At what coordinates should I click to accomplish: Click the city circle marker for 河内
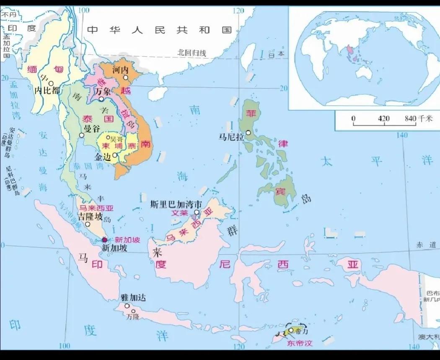(125, 77)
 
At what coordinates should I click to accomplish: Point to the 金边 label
(104, 157)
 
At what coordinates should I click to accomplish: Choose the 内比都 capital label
(47, 90)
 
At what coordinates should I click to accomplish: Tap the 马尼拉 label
(231, 136)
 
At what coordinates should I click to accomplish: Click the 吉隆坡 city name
(89, 216)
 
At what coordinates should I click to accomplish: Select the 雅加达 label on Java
(133, 298)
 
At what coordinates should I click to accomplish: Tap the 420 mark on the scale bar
(383, 118)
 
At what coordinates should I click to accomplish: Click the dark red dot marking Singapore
(105, 240)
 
